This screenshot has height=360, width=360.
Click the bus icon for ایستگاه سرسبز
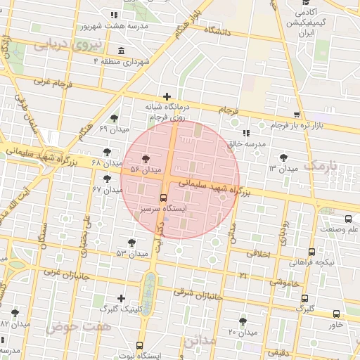(x=163, y=198)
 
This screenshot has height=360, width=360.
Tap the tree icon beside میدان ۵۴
(x=146, y=159)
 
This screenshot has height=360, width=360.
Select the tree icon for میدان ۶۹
(x=115, y=118)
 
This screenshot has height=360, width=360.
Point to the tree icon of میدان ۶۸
(x=107, y=151)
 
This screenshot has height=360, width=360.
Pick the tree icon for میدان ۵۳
(x=131, y=242)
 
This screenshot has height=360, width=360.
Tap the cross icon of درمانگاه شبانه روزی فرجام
(x=167, y=96)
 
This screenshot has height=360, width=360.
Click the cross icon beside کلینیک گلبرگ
(x=121, y=298)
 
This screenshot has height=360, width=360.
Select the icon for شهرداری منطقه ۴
(x=122, y=51)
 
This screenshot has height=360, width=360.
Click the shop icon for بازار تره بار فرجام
(x=297, y=114)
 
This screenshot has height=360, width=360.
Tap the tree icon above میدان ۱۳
(x=283, y=157)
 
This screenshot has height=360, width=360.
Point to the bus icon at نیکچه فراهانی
(x=311, y=252)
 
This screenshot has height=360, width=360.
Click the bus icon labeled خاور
(x=336, y=314)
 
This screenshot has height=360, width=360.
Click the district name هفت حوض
(x=69, y=327)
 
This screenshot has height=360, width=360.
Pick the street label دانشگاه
(x=219, y=31)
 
